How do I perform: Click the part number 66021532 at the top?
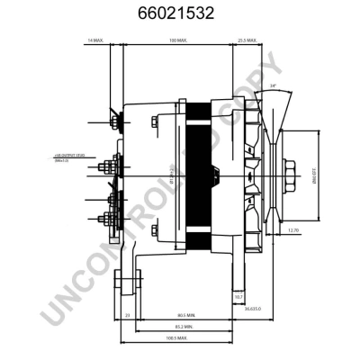click(x=180, y=14)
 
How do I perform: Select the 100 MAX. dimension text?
click(x=176, y=41)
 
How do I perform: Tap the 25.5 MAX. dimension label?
click(x=247, y=41)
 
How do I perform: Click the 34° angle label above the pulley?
click(x=273, y=85)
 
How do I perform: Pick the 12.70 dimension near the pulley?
click(x=293, y=230)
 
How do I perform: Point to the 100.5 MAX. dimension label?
click(x=176, y=338)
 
